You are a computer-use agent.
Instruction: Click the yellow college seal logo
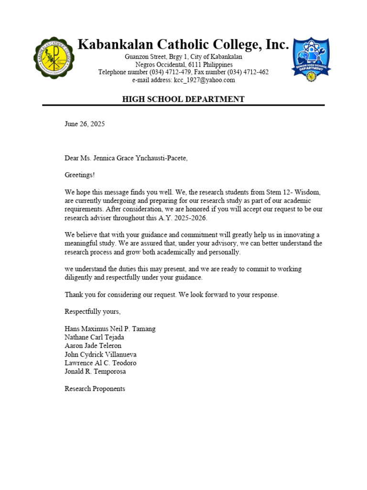pos(54,58)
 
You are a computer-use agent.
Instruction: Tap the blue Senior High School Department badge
pos(311,59)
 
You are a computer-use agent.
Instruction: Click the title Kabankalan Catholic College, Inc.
pos(183,45)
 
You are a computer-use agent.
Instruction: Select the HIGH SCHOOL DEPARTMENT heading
pos(183,99)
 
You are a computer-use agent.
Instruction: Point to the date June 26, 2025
pos(85,124)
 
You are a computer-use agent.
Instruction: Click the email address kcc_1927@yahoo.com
pos(205,80)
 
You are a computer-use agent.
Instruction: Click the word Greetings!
pos(80,175)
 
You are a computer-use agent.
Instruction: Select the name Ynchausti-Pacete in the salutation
pos(161,158)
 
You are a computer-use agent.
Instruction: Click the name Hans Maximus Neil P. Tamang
pos(110,329)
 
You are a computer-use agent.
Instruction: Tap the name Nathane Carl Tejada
pos(94,337)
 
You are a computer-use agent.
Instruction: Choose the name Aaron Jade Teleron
pos(93,346)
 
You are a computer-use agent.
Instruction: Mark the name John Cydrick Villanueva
pos(100,355)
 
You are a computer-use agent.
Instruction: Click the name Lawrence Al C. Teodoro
pos(99,363)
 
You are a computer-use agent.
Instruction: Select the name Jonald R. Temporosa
pos(95,371)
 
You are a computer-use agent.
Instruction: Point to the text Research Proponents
pos(95,389)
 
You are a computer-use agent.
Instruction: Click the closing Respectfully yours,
pos(93,312)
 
